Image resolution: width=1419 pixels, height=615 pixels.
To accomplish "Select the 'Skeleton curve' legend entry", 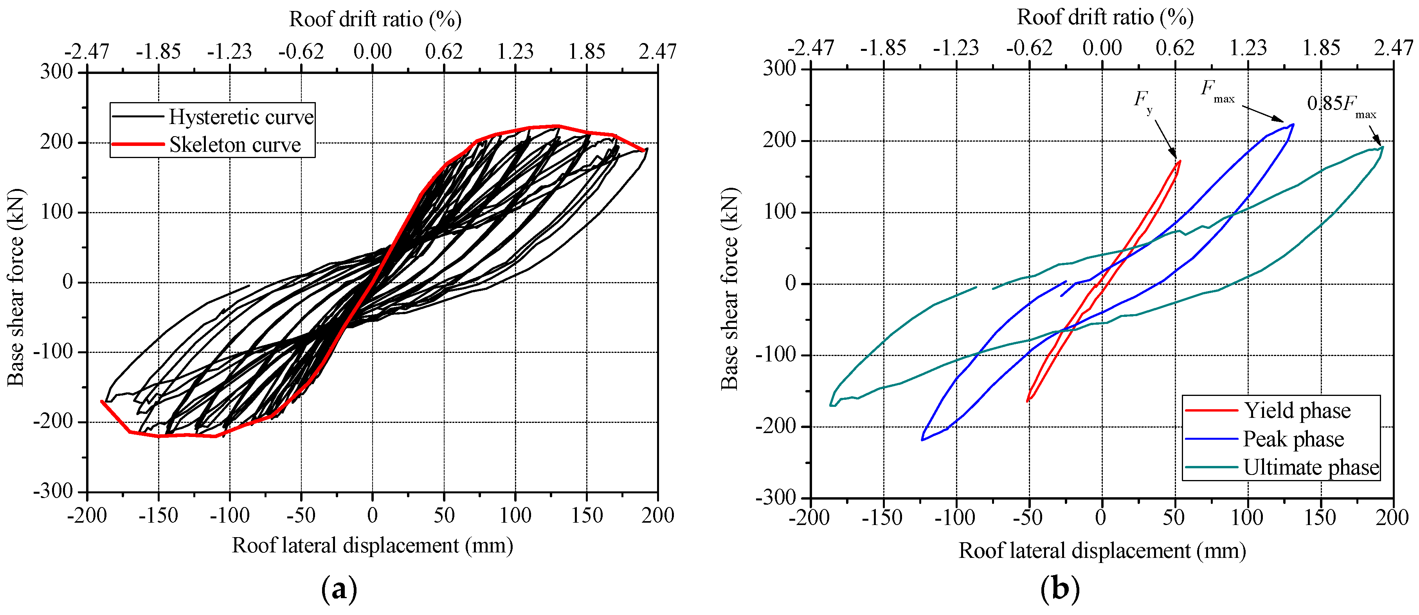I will (x=235, y=145).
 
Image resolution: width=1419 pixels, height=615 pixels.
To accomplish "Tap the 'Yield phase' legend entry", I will (x=1297, y=411).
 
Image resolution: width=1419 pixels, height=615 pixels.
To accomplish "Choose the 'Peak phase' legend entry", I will (x=1293, y=439).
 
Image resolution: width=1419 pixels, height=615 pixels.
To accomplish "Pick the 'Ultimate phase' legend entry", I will (x=1311, y=468).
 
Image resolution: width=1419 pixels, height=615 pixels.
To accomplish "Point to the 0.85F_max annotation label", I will (x=1341, y=104).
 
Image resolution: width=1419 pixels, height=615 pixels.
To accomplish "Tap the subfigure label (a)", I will (x=339, y=589).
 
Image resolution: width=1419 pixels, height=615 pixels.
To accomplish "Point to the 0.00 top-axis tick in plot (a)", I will (x=373, y=52).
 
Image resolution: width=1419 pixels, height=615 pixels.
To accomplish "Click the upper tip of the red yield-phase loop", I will (x=1179, y=161).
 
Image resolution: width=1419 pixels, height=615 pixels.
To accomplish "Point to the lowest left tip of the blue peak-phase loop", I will (x=922, y=440).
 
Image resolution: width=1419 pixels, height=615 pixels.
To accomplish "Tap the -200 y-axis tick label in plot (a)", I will (x=53, y=422).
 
